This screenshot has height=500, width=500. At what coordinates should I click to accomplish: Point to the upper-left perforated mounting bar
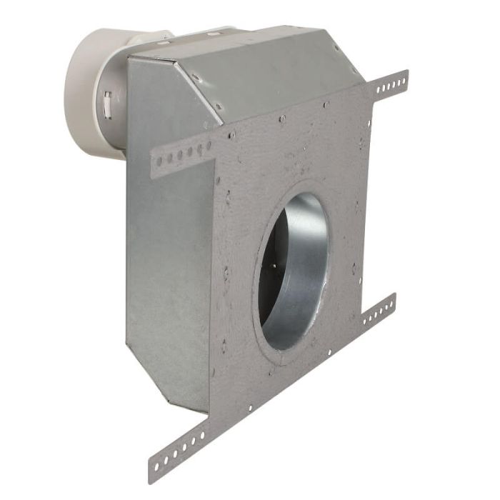pyautogui.click(x=182, y=152)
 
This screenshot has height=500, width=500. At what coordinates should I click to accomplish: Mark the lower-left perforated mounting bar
pyautogui.click(x=179, y=449)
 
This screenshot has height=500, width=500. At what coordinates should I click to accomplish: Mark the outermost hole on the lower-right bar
pyautogui.click(x=391, y=301)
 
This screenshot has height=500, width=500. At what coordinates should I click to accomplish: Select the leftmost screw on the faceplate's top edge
pyautogui.click(x=233, y=134)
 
